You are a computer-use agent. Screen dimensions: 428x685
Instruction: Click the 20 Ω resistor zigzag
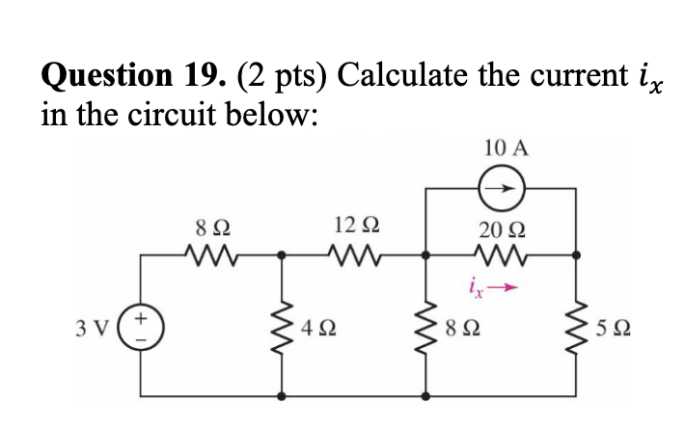[502, 255]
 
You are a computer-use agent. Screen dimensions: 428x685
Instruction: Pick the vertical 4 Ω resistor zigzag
[282, 325]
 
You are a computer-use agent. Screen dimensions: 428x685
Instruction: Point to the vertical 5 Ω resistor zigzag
[577, 325]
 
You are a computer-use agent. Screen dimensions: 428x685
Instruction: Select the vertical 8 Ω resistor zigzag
[425, 325]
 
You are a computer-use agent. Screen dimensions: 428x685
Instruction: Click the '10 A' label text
[507, 147]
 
